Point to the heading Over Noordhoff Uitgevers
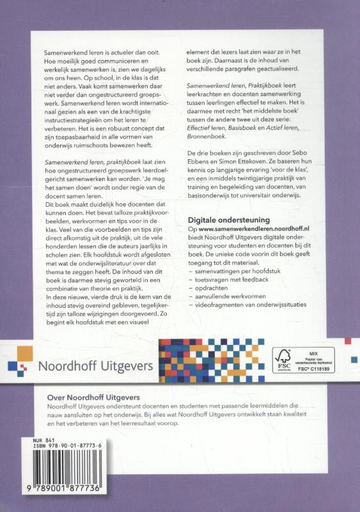[95, 397]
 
